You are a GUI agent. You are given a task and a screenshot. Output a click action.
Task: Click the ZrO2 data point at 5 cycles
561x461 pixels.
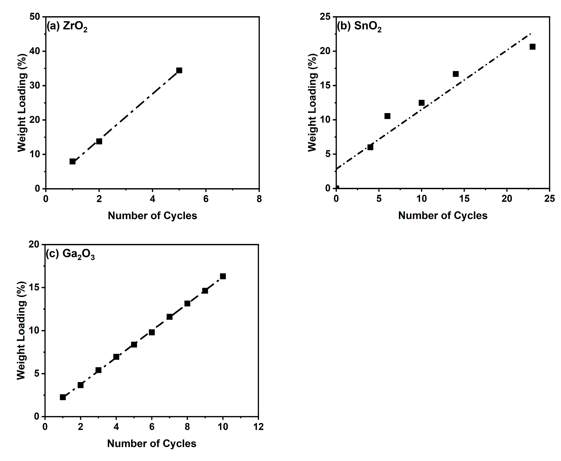coord(179,70)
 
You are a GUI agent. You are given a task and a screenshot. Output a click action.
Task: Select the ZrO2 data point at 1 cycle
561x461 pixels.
coord(72,161)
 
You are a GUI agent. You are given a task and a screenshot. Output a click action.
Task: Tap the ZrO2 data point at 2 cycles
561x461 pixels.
coord(99,141)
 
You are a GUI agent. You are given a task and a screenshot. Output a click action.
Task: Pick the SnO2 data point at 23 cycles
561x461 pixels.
coord(532,47)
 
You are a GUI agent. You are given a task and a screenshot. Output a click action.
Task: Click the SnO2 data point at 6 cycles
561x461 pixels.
coord(387,116)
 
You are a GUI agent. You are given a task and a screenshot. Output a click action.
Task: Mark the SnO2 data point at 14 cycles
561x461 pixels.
coord(456,74)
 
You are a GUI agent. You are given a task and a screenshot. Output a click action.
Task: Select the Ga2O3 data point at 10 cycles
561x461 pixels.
coord(223,276)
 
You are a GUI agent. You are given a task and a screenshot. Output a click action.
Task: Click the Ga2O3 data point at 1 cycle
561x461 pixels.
coord(63,397)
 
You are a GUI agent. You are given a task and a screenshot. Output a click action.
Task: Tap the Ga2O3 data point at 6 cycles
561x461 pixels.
coord(152,332)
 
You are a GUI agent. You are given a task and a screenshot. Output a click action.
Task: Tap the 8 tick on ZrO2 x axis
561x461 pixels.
coord(259,199)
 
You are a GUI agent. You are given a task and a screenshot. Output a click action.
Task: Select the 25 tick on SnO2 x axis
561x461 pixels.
coord(549,199)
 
